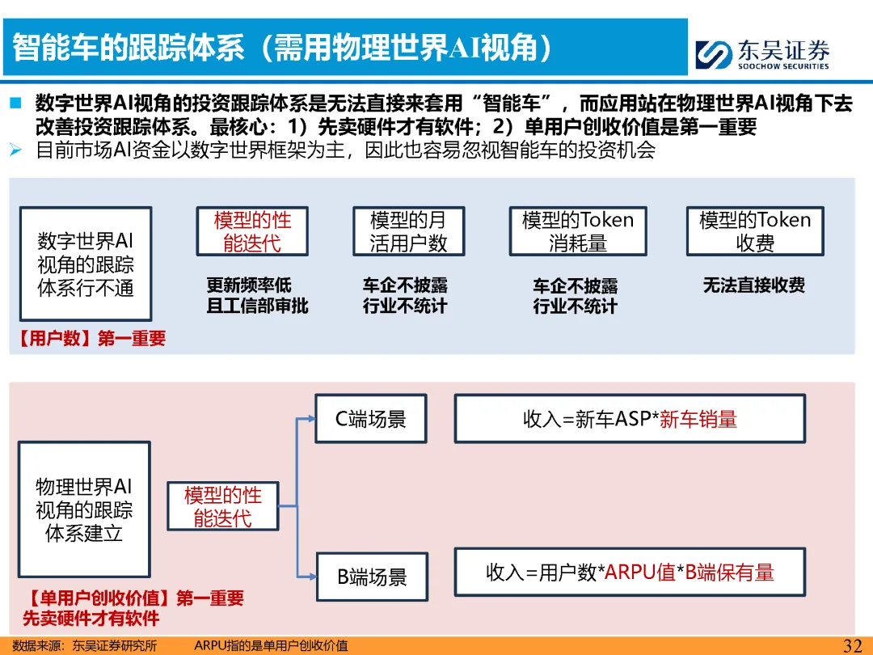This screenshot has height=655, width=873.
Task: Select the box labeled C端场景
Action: [x=371, y=419]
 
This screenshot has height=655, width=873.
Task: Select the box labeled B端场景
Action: [x=372, y=577]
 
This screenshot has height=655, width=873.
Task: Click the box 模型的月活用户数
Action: [x=408, y=231]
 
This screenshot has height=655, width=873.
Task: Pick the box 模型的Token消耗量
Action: [x=578, y=231]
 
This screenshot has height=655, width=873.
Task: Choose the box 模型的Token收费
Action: [x=755, y=231]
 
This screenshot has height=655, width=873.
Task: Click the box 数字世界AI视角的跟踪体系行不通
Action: [x=86, y=264]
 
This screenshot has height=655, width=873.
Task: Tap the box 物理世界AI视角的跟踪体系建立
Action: [x=84, y=509]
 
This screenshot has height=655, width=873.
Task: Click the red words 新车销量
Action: [x=698, y=419]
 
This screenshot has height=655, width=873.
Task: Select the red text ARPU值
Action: [x=640, y=573]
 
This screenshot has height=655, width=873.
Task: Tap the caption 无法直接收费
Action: [x=754, y=285]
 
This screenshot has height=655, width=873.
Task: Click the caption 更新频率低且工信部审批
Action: [x=257, y=295]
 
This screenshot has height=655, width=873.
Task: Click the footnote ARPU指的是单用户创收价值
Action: [x=271, y=645]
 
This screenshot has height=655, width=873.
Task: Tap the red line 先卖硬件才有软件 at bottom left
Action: [x=91, y=619]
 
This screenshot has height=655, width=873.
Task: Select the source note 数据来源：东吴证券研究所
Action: [x=85, y=645]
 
